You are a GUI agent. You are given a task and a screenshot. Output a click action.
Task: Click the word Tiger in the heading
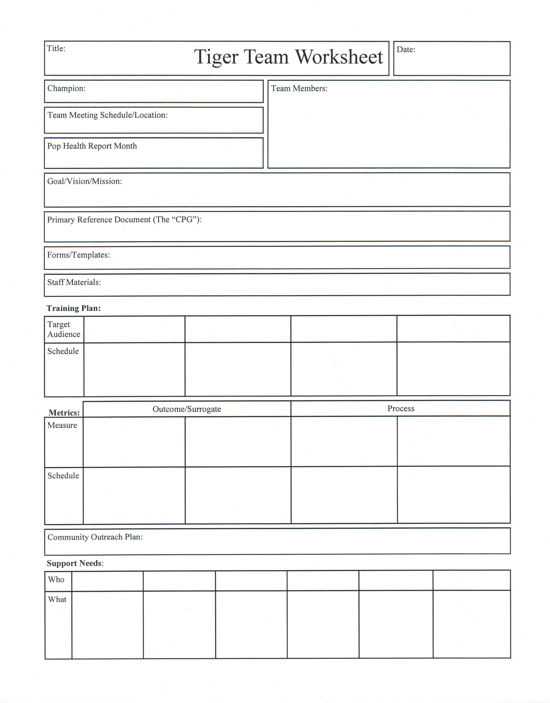(x=216, y=57)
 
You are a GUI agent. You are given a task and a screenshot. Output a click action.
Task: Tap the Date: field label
(x=406, y=50)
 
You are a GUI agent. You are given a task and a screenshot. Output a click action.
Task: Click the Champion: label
(x=66, y=89)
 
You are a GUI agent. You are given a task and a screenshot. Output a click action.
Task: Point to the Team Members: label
(x=299, y=89)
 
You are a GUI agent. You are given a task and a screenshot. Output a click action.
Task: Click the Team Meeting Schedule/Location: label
(x=108, y=115)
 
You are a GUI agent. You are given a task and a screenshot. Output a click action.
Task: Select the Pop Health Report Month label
(x=92, y=146)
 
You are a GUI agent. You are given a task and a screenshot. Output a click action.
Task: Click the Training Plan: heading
(x=74, y=308)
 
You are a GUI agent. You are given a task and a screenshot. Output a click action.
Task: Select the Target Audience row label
(x=64, y=329)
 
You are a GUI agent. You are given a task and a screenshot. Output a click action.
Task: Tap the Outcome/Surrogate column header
(x=187, y=409)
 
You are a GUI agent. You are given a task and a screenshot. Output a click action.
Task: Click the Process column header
(x=401, y=409)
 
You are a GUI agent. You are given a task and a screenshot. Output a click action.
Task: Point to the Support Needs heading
(x=75, y=563)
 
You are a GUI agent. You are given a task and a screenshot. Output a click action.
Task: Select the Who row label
(x=56, y=580)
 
